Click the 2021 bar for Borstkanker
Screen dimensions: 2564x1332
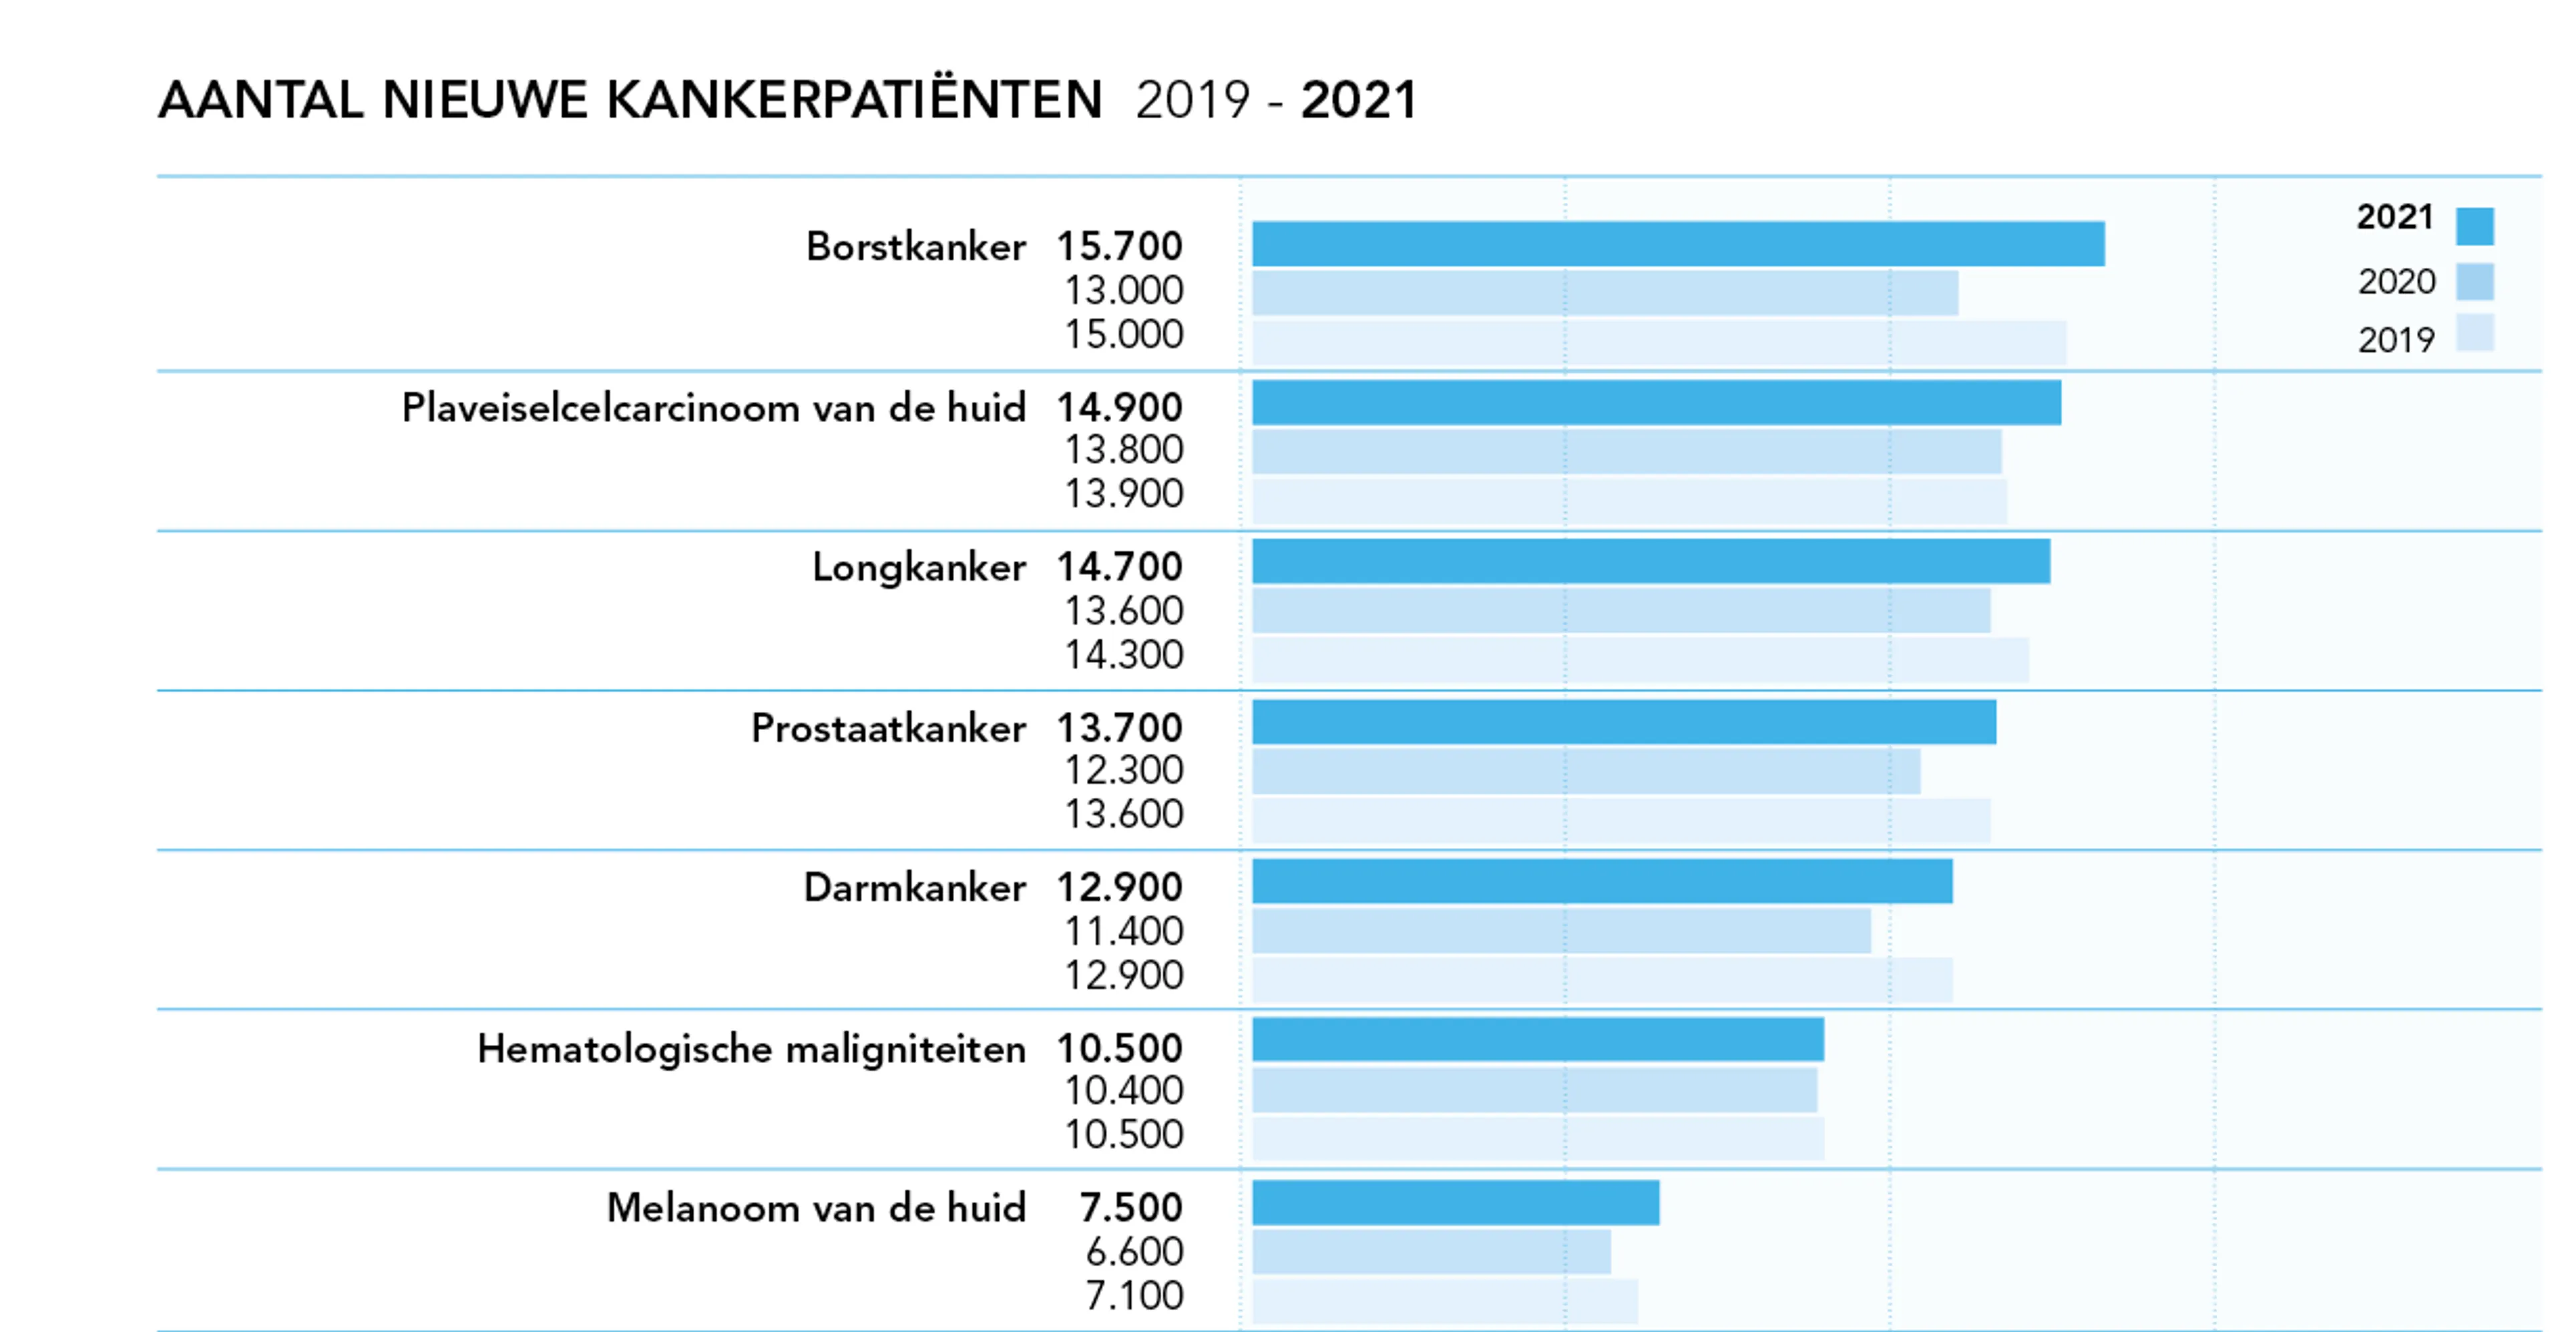[x=1678, y=244]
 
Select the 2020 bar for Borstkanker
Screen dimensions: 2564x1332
[x=1605, y=292]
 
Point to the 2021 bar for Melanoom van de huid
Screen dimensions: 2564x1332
[x=1455, y=1202]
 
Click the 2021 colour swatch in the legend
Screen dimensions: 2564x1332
[x=2475, y=226]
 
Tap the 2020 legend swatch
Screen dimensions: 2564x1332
[x=2475, y=282]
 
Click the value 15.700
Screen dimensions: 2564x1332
[x=1120, y=246]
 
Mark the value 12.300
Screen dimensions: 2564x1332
[x=1124, y=770]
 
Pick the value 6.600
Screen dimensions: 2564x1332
[x=1134, y=1251]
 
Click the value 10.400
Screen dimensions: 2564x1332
[x=1124, y=1091]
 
